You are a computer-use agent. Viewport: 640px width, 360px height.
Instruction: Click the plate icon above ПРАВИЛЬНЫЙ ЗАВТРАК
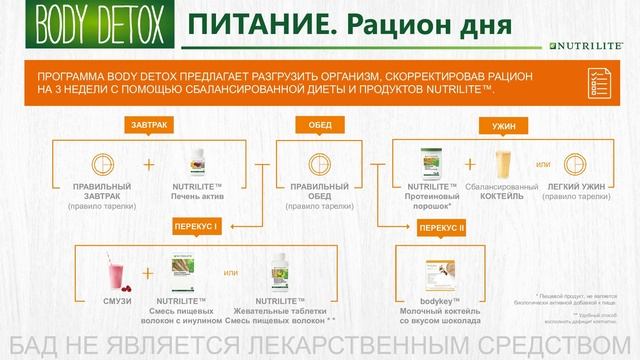(x=99, y=165)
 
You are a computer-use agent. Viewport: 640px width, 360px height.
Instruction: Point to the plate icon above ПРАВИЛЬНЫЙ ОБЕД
(x=317, y=165)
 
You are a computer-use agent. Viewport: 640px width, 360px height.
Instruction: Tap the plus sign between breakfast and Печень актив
(x=150, y=165)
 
